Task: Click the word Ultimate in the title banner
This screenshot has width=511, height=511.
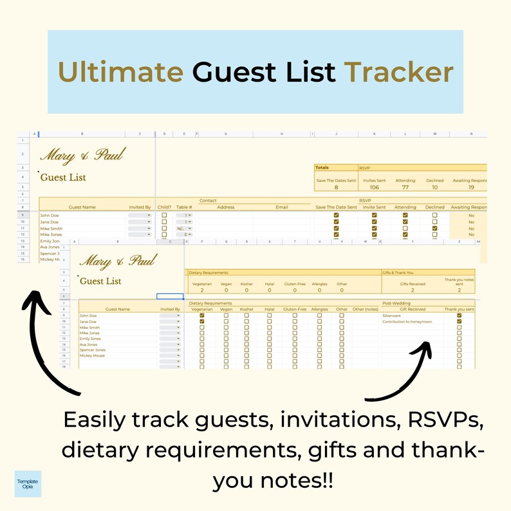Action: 120,73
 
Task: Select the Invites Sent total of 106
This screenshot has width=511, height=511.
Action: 375,188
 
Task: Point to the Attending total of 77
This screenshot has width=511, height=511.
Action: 405,188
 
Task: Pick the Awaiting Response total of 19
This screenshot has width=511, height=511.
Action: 471,188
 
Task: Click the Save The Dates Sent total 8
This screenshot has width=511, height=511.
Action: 336,188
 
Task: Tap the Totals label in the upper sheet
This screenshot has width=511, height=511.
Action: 323,167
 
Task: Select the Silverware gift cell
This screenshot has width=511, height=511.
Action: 393,316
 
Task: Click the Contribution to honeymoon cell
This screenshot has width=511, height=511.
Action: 407,322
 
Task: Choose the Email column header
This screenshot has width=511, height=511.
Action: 282,207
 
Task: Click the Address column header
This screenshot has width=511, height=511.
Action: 226,207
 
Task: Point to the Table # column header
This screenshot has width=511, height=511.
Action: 184,207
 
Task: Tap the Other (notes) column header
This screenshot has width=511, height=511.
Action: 366,310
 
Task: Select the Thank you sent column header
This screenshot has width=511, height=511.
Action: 459,310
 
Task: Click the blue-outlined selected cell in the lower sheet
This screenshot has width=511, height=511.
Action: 170,297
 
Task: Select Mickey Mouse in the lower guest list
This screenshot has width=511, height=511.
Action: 93,356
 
